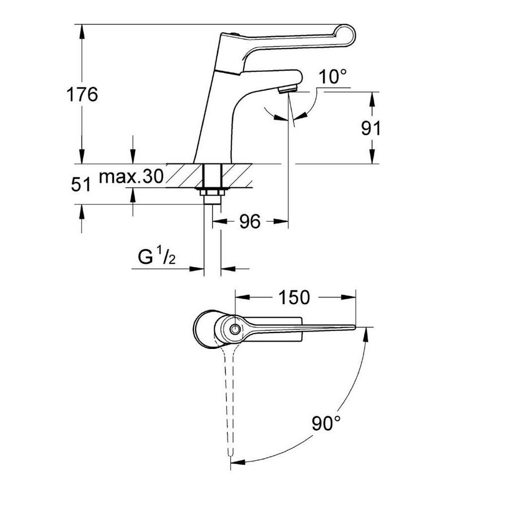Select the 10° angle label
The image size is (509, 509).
[x=332, y=77]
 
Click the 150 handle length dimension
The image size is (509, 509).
[x=294, y=296]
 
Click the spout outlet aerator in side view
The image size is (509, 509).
[x=288, y=88]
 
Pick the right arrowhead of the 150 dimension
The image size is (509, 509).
[x=351, y=296]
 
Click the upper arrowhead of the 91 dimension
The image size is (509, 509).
[x=373, y=96]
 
